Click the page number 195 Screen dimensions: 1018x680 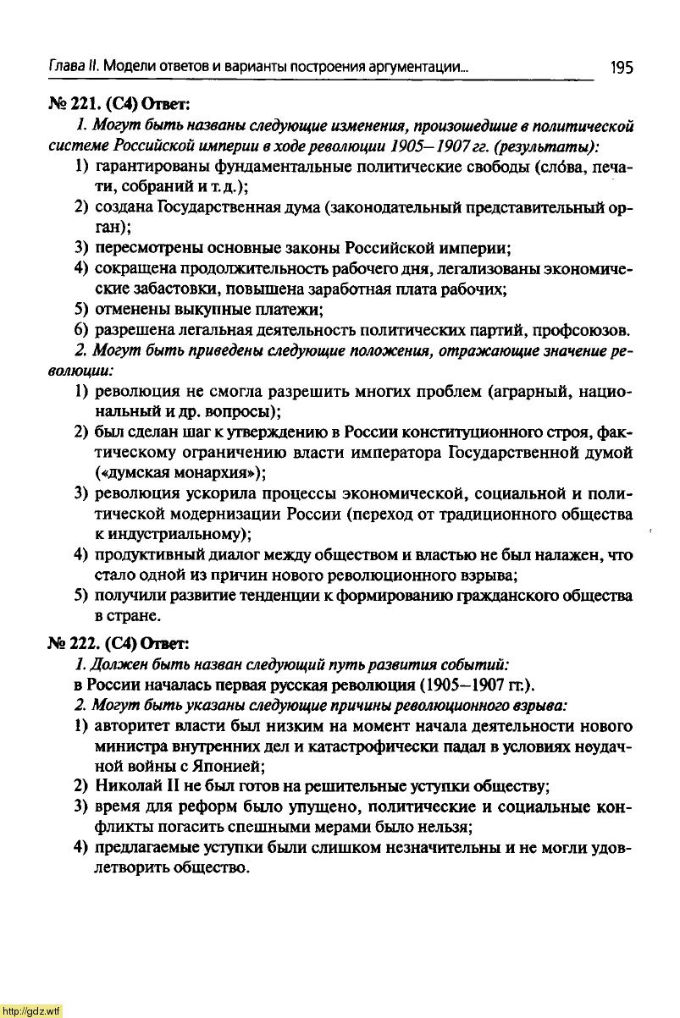coord(620,67)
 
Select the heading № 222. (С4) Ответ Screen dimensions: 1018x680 coord(118,641)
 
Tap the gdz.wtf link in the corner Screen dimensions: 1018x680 coord(31,1010)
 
